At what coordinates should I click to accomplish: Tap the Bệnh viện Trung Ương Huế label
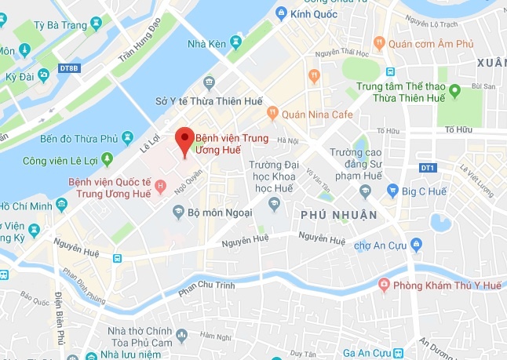[232, 144]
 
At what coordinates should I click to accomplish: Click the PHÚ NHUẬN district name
[338, 214]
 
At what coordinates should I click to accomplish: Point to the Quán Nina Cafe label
[316, 114]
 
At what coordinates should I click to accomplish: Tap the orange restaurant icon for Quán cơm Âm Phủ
[380, 42]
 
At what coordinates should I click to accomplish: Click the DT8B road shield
[70, 69]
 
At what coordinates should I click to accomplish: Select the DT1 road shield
[427, 168]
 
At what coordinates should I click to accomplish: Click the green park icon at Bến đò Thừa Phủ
[127, 139]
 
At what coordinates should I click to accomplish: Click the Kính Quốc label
[312, 13]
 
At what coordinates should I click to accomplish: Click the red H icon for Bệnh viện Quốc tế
[161, 186]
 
